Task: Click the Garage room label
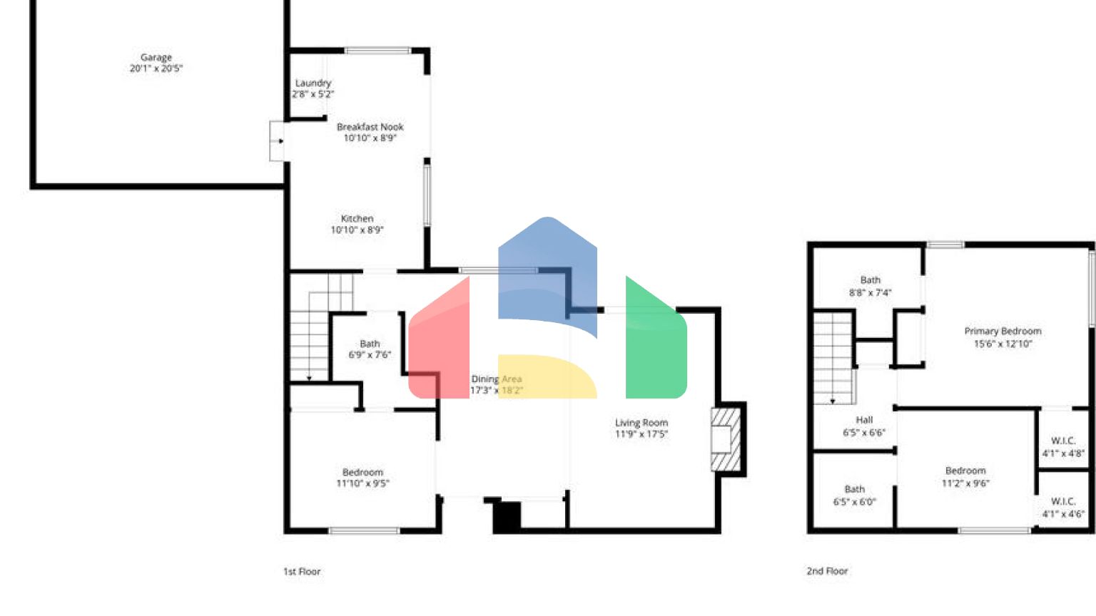156,57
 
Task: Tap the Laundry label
313,83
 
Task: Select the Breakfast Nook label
370,127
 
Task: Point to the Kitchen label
357,218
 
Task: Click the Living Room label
641,423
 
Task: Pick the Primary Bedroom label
1003,331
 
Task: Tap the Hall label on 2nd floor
864,420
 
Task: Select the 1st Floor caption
302,571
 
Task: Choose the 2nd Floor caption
827,571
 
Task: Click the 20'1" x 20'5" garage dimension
156,68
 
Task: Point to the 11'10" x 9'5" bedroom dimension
362,483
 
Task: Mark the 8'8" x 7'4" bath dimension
870,292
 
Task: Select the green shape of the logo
655,342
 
